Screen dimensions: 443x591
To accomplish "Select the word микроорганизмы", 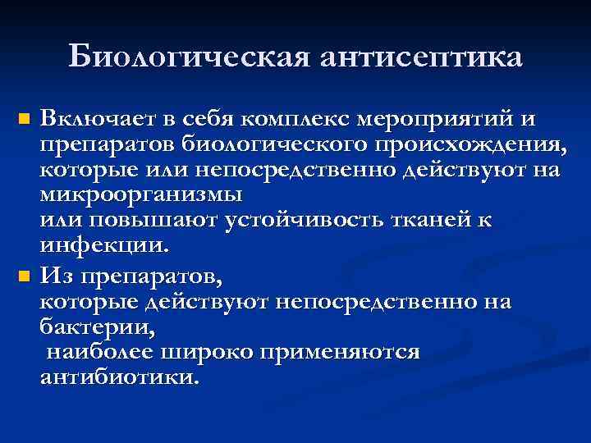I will click(141, 196).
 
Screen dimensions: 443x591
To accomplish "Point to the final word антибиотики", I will click(119, 378).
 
